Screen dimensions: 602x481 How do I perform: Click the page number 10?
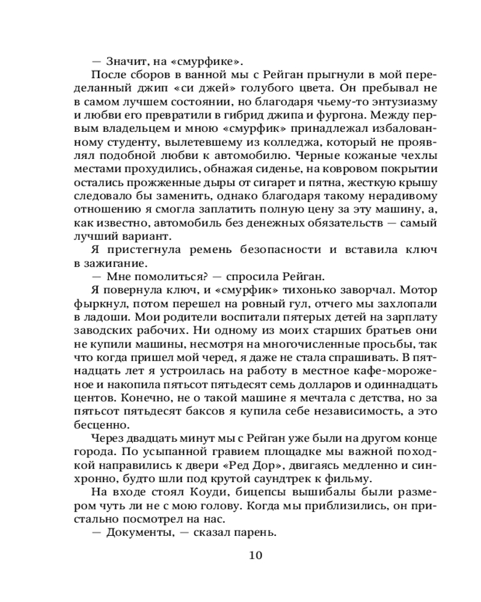(x=255, y=554)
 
